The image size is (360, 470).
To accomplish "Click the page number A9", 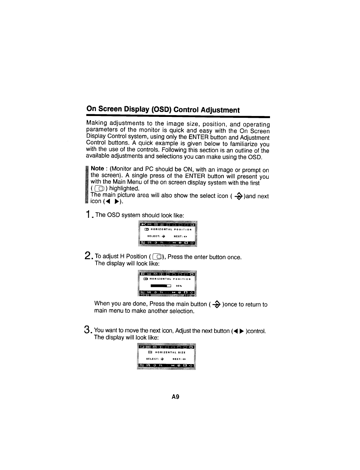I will tap(176, 397).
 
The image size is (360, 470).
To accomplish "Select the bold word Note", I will tap(97, 169).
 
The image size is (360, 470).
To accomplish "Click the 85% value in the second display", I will tap(179, 286).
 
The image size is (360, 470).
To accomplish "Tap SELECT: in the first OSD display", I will tap(154, 236).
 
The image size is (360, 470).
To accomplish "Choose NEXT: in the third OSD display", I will tap(177, 359).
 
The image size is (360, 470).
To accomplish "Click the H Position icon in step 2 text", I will tap(158, 256).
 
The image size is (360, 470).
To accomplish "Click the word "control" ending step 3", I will tap(256, 331).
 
